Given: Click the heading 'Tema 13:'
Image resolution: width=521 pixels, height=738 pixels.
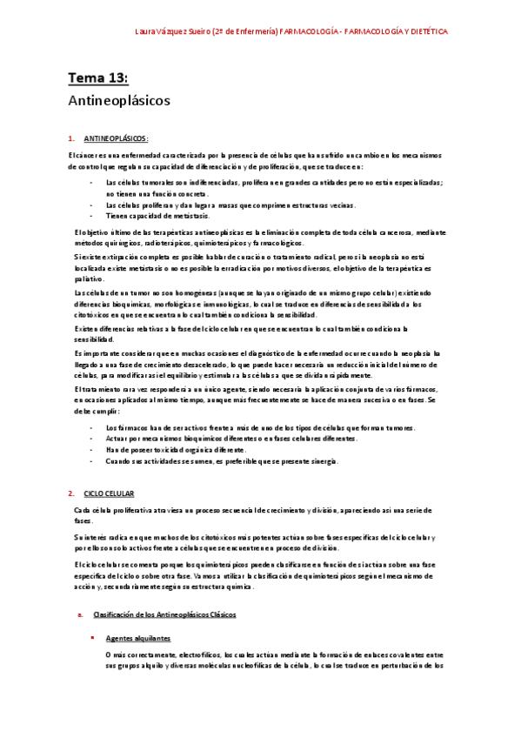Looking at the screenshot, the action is click(x=98, y=79).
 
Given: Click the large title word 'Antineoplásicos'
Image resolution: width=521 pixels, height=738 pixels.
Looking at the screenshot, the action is click(x=118, y=100).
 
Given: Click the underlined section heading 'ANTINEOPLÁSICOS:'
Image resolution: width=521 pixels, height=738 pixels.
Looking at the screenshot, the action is click(x=116, y=138).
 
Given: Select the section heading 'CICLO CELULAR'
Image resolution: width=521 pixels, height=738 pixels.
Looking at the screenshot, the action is click(x=110, y=493).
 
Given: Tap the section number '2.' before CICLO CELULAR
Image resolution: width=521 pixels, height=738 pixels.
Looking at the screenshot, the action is click(x=70, y=493).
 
